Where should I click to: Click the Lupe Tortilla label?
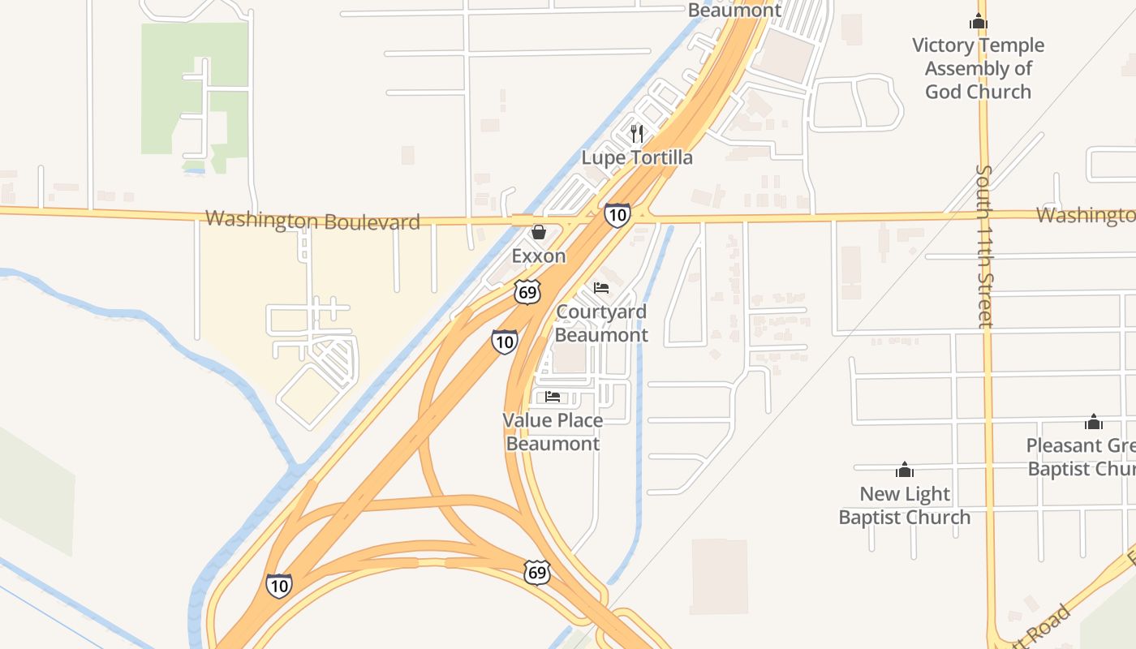(x=637, y=157)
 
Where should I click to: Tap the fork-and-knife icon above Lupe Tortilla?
(x=637, y=133)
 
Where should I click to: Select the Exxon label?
(x=538, y=256)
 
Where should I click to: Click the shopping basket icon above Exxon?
(x=538, y=233)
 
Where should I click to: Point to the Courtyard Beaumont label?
(x=601, y=324)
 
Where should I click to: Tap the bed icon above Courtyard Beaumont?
(x=601, y=288)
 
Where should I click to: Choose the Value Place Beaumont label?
(x=553, y=432)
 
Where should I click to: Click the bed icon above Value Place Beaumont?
(x=553, y=397)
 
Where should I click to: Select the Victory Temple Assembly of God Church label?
(x=978, y=68)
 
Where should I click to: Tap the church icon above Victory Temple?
(x=979, y=22)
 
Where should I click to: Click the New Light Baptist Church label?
(x=904, y=505)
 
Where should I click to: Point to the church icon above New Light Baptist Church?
(x=904, y=470)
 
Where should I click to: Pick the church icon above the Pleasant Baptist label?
(x=1093, y=422)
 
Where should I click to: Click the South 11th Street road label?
(x=984, y=247)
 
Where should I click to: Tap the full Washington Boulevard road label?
(x=312, y=220)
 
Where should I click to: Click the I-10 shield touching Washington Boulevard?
(x=617, y=215)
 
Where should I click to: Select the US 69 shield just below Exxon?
(x=527, y=292)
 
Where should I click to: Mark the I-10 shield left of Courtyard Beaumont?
(x=504, y=342)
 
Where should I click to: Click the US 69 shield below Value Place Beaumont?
(x=536, y=572)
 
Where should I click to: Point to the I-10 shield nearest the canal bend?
(x=278, y=585)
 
